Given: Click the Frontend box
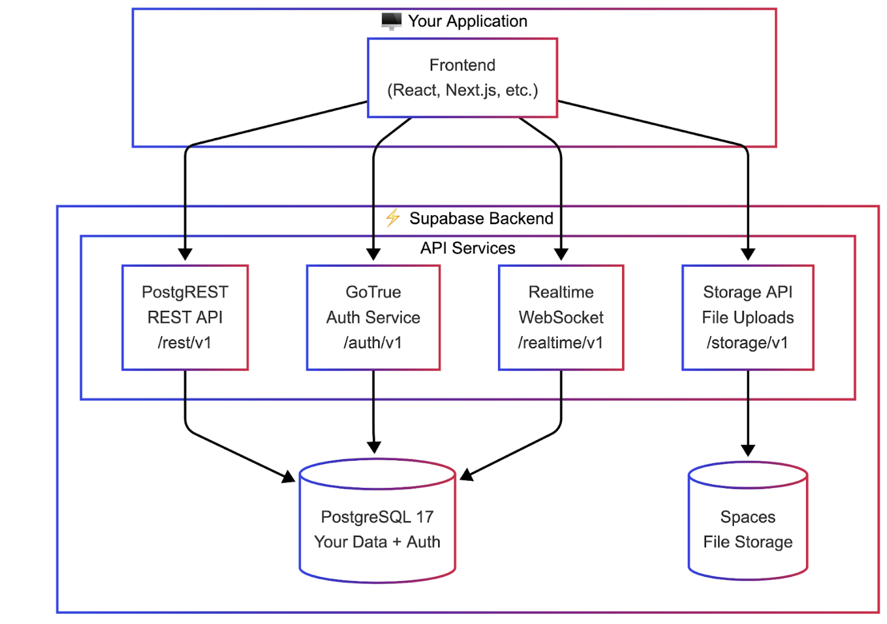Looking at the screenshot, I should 462,77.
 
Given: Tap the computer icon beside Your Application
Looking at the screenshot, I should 391,21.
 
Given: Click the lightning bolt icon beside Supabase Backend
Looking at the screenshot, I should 393,218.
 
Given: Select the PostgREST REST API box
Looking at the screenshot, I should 185,317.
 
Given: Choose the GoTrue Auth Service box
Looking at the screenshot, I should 373,317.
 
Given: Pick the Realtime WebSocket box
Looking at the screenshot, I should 561,317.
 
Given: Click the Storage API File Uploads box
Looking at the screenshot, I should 748,317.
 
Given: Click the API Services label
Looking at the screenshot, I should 468,249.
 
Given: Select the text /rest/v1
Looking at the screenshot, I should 185,343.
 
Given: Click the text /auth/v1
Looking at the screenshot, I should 373,343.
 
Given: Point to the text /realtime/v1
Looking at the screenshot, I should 560,343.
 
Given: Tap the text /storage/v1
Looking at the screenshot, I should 747,343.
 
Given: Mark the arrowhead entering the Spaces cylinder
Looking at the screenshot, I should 748,450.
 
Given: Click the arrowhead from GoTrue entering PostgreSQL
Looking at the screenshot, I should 374,447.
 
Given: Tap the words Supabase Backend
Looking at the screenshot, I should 481,218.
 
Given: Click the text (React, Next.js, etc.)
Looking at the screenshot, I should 462,91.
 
